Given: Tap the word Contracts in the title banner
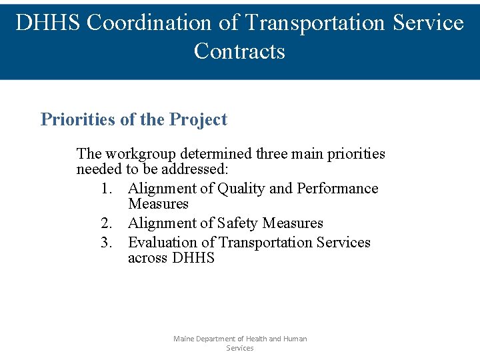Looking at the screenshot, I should coord(239,51).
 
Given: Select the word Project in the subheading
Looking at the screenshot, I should coord(198,120).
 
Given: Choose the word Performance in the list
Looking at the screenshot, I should coord(337,189).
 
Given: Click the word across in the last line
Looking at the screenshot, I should coord(148,258).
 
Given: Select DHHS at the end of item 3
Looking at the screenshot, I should coord(193,258).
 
